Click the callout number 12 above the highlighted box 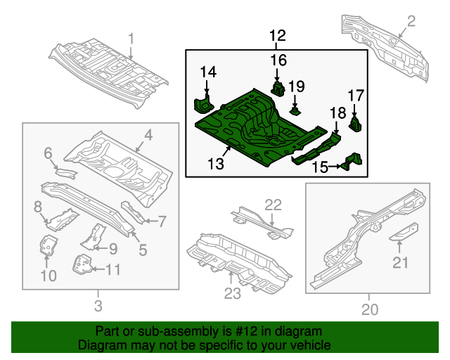[x=278, y=36]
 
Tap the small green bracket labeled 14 [x=204, y=104]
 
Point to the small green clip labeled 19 [x=295, y=110]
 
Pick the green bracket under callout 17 [x=355, y=124]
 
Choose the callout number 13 [x=216, y=164]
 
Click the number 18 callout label [x=337, y=112]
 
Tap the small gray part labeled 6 [x=66, y=174]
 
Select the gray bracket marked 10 [x=47, y=245]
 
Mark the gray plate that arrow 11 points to [x=83, y=264]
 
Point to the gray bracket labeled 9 [x=94, y=237]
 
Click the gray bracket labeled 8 [x=62, y=219]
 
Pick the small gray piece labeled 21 [x=404, y=232]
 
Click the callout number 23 [x=232, y=293]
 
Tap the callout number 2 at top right [x=411, y=22]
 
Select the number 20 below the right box [x=370, y=309]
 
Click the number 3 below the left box [x=98, y=306]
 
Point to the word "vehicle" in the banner [x=312, y=345]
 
